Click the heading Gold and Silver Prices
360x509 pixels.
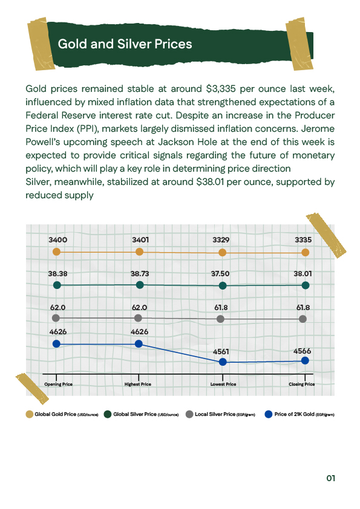click(x=125, y=44)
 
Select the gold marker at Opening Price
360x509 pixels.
click(x=57, y=251)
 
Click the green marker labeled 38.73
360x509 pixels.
click(x=140, y=284)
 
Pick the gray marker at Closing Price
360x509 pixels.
click(x=303, y=318)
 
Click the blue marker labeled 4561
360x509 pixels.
click(x=223, y=361)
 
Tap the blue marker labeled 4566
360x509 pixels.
click(x=305, y=360)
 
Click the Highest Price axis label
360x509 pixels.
click(x=138, y=384)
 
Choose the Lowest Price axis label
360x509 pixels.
click(x=223, y=384)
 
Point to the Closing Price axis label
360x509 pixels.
click(x=302, y=384)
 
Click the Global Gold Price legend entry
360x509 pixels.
click(x=62, y=414)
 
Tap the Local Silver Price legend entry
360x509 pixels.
click(x=224, y=414)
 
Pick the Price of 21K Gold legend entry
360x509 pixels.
click(x=303, y=414)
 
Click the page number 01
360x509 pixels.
click(x=330, y=478)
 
